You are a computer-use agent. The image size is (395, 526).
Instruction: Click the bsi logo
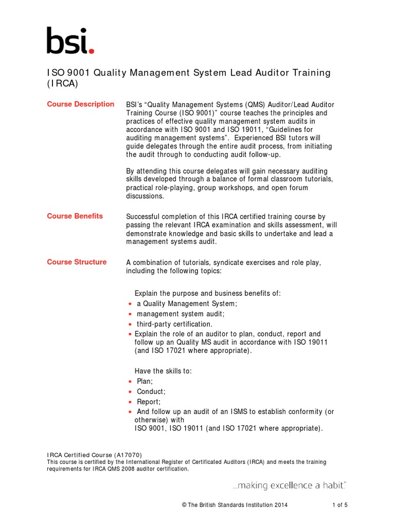click(70, 41)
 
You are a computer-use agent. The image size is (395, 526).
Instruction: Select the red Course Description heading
click(81, 104)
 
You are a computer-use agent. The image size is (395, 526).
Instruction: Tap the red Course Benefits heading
click(75, 216)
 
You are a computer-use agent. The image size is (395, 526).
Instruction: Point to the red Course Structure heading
click(77, 262)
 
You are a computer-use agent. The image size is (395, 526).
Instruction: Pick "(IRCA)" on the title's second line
click(62, 84)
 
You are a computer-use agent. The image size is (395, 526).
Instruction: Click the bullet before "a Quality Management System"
click(130, 304)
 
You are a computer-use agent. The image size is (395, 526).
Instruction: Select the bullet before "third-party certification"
click(130, 325)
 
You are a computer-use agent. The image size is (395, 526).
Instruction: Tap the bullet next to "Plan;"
click(130, 382)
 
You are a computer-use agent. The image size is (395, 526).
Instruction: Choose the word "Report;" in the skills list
click(149, 402)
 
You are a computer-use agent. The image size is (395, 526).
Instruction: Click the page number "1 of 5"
click(339, 505)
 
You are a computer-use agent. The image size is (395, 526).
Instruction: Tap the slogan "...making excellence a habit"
click(289, 485)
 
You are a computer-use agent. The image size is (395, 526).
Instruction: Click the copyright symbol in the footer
click(184, 505)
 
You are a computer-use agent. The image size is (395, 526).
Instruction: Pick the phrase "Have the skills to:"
click(163, 371)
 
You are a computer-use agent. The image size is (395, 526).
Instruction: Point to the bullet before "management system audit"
click(130, 314)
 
